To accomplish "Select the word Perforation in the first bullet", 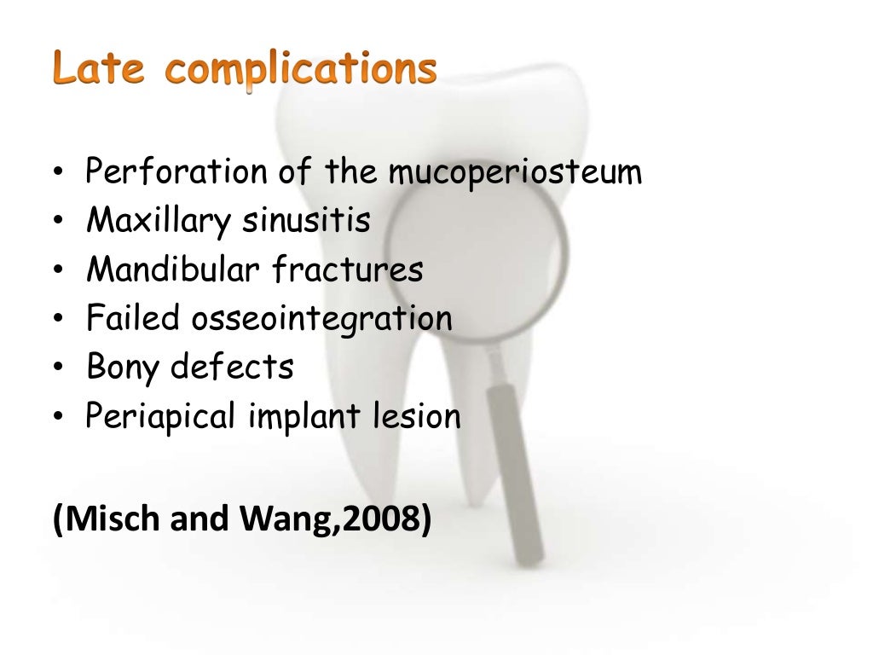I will pos(175,172).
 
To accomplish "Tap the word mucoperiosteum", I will pos(515,174).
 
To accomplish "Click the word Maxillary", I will pos(159,222).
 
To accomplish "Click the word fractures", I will pos(347,270).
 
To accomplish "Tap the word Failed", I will pos(133,319).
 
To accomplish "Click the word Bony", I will pos(124,369).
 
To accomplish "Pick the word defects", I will pos(232,368).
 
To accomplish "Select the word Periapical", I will pos(163,418).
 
